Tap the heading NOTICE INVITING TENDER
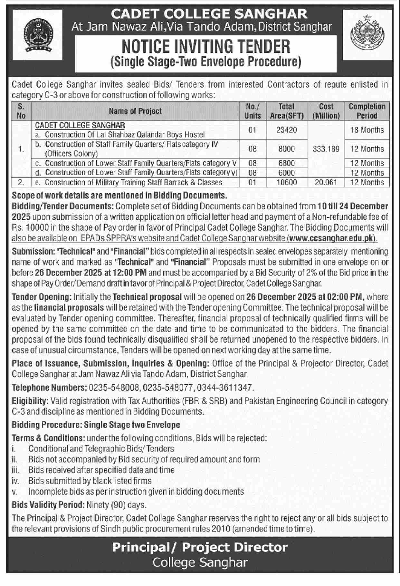206,47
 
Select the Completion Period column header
367,111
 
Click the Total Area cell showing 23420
286,130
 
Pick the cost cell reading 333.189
326,149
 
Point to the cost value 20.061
326,182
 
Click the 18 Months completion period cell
367,130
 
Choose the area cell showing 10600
286,182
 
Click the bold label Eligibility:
30,401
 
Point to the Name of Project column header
135,111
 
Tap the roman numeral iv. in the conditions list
15,481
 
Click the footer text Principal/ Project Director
200,547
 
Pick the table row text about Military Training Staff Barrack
133,182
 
